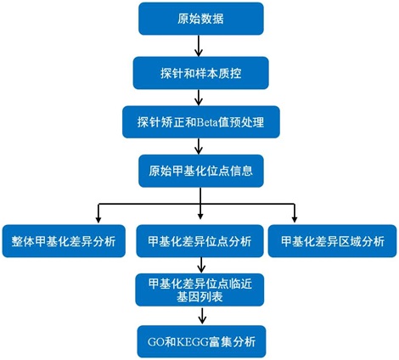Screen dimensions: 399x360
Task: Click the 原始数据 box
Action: coord(201,19)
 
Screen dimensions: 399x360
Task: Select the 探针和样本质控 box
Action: coord(200,73)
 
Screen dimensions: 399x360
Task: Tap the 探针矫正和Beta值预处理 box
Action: coord(201,122)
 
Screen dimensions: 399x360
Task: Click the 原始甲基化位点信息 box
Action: coord(201,171)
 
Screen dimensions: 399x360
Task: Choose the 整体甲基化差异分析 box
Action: coord(64,241)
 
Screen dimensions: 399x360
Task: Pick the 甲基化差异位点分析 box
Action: coord(199,241)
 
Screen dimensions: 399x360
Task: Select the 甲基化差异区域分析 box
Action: coord(332,241)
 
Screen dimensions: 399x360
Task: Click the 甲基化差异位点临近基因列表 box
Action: coord(199,290)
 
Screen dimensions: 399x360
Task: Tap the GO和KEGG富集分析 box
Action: coord(201,341)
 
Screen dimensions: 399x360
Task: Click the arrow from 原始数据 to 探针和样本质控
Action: coord(199,46)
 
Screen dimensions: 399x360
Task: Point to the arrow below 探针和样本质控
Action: coord(199,98)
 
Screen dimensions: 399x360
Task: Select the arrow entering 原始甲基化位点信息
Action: coord(199,146)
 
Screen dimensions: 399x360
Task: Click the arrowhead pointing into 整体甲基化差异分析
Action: coord(98,220)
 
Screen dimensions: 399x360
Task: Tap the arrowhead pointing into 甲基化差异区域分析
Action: coord(295,219)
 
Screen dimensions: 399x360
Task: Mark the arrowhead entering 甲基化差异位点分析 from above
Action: coord(200,216)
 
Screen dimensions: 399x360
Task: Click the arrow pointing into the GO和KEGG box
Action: coord(201,316)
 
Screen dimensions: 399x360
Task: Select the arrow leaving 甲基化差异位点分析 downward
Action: coord(201,265)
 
